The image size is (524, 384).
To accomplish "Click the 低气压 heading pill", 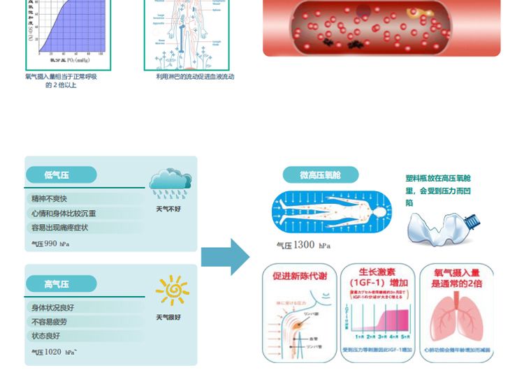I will tap(60, 175).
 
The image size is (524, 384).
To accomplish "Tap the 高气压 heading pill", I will tap(60, 284).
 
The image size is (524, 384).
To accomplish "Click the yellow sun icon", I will tap(172, 290).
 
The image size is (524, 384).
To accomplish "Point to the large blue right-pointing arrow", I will tap(225, 257).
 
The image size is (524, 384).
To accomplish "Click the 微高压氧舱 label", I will tap(320, 175).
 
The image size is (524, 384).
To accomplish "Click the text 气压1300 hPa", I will tap(303, 245).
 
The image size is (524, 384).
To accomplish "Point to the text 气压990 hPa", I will tap(50, 244).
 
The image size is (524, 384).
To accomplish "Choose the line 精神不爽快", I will tap(49, 199).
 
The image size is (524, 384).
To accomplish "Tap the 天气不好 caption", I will tap(168, 209).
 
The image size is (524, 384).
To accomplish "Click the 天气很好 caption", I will tap(168, 318).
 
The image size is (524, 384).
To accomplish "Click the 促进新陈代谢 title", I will tap(300, 276).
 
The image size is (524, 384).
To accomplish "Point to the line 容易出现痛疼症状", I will tap(60, 228).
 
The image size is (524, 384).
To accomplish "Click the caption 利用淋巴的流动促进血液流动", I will tap(195, 77).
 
